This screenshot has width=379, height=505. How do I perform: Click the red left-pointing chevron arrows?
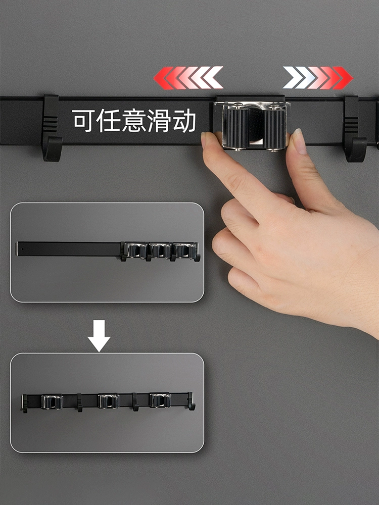[x=188, y=78]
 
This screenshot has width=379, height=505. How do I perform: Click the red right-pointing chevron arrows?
[x=318, y=78]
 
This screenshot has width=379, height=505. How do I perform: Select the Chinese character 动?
[x=184, y=121]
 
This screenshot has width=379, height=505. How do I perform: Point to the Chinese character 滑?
[x=159, y=121]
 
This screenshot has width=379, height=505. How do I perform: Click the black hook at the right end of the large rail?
[x=355, y=128]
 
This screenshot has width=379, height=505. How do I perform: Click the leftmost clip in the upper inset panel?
[x=135, y=250]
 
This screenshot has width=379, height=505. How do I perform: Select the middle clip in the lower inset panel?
[x=108, y=401]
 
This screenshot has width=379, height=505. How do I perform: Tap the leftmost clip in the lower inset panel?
[x=52, y=401]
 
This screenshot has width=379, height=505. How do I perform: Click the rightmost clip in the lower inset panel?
[x=160, y=400]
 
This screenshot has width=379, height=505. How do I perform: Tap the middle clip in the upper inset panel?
[x=160, y=250]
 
